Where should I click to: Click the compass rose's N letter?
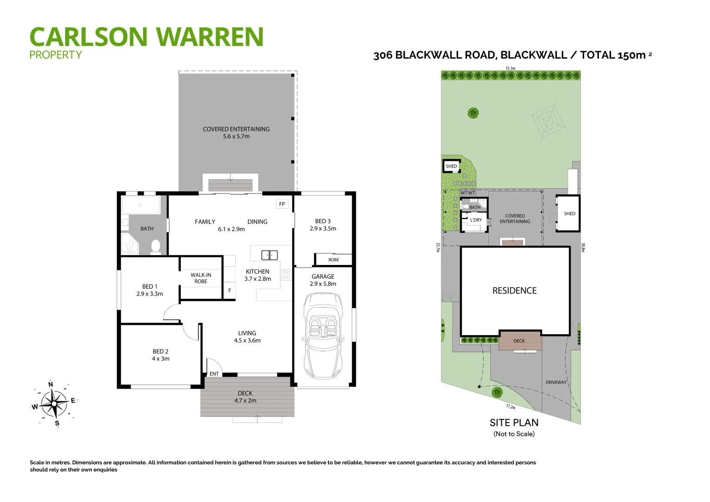pos(51,384)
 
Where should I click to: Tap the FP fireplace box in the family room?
pos(282,204)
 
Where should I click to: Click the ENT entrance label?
pos(214,374)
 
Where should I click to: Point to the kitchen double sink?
pos(269,255)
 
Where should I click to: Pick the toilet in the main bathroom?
pos(156,246)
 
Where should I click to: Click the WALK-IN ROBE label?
pos(201,278)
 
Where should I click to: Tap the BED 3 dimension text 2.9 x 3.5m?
pos(323,229)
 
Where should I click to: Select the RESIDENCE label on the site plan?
pos(514,291)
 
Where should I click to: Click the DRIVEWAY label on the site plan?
pos(556,383)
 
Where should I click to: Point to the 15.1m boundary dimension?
pos(510,68)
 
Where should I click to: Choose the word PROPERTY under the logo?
pos(55,55)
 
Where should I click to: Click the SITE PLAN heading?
pos(514,423)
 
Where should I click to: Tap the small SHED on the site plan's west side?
pos(451,166)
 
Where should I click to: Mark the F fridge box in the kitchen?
pos(230,290)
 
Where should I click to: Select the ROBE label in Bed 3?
pos(334,260)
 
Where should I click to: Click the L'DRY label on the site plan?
pos(476,220)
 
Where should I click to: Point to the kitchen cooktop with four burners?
pos(286,275)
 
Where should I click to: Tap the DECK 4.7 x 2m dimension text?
pos(245,401)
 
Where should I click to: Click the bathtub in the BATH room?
pos(140,205)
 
